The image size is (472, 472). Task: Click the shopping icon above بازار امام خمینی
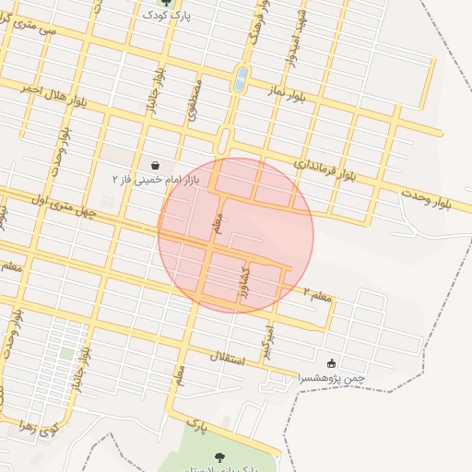click(155, 164)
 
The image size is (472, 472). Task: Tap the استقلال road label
click(227, 356)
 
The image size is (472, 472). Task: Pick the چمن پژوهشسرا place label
click(331, 377)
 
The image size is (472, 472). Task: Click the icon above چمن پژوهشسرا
click(331, 364)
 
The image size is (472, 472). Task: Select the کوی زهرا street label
click(43, 427)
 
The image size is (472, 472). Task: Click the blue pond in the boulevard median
click(242, 78)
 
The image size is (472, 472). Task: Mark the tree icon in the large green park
click(220, 457)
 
